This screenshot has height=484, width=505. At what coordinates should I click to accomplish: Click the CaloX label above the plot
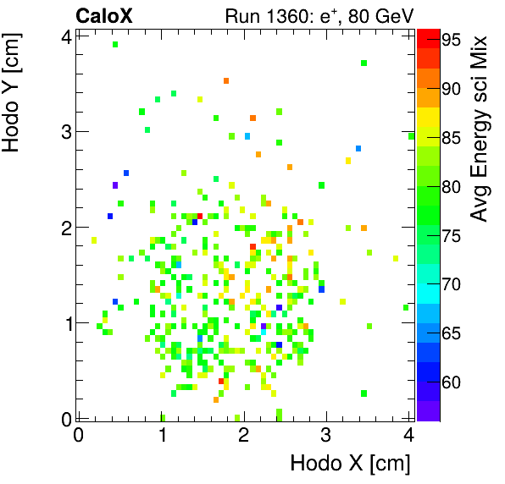click(104, 15)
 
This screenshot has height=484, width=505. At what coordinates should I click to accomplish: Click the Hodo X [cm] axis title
click(350, 464)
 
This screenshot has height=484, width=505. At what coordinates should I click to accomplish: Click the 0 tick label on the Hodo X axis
click(79, 435)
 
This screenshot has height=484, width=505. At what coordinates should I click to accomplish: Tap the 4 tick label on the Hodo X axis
click(409, 435)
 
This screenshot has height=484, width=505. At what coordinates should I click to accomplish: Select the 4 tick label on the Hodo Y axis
click(65, 36)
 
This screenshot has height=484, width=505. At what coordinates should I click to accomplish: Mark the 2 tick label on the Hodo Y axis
click(65, 227)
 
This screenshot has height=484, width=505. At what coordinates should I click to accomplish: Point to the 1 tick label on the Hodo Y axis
click(65, 322)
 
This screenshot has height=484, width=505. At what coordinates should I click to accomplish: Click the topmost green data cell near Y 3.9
click(115, 44)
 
